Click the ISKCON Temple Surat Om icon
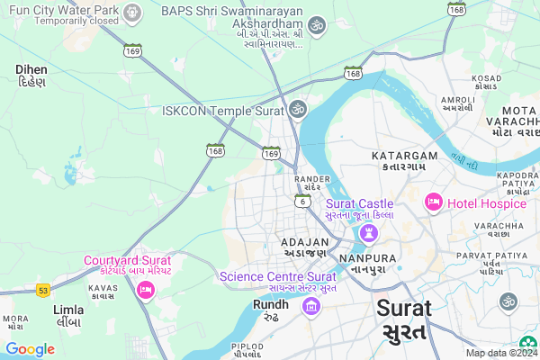tap(297, 110)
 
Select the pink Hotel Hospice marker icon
tap(433, 202)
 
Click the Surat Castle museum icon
tap(368, 233)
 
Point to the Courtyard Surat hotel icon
tap(144, 290)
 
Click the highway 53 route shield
tap(42, 290)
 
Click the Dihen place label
tap(32, 68)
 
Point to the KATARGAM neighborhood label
tap(404, 157)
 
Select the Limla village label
tap(68, 310)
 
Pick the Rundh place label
tap(270, 304)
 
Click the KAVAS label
tap(103, 289)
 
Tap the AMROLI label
tap(457, 99)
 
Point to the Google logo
tap(30, 348)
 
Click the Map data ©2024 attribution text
tap(501, 353)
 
